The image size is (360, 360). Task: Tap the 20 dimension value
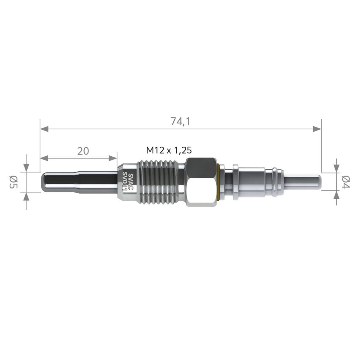83,151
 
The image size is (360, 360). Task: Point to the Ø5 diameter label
13,182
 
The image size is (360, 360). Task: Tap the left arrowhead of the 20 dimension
44,158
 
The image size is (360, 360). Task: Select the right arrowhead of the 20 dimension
113,158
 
